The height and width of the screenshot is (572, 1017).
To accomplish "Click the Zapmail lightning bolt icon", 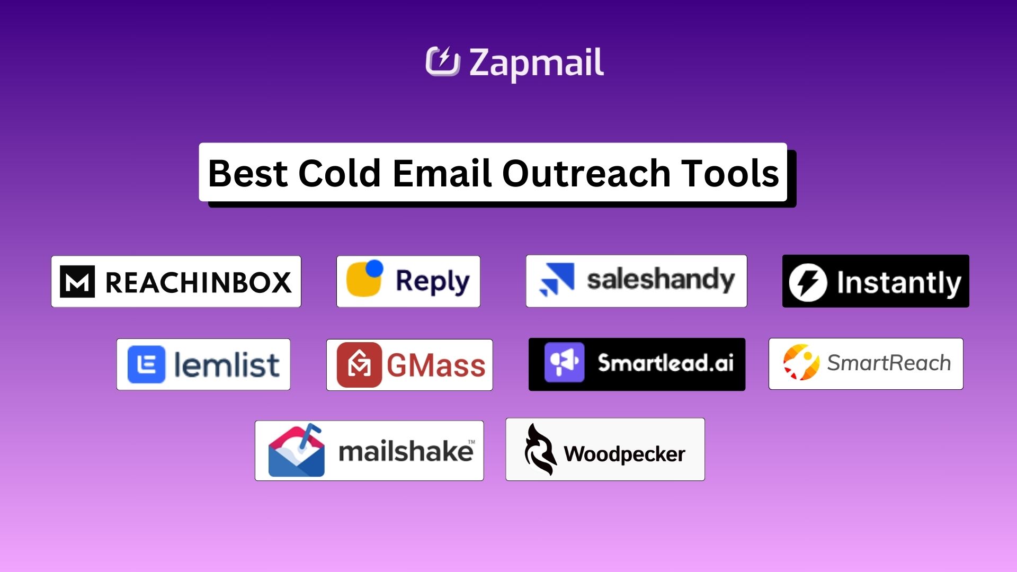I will coord(443,61).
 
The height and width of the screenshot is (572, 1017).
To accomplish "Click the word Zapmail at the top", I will coord(536,62).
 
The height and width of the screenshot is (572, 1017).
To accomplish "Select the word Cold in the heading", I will coord(339,173).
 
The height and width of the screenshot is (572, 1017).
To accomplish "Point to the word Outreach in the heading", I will coord(586,173).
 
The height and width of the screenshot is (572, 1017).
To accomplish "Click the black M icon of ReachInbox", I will coord(77,281).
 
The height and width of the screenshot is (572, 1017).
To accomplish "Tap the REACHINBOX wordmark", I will coord(199,282).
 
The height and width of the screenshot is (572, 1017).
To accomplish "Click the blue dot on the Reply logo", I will coord(374,269).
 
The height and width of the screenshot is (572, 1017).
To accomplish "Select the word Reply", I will coord(432,281).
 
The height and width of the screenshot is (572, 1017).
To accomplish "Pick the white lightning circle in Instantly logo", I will coord(807,282).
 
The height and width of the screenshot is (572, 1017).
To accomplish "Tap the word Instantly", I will coord(899,282).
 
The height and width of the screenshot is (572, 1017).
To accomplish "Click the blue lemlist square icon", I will coord(146,364).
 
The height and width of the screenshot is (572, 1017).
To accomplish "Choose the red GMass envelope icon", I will coord(359,364).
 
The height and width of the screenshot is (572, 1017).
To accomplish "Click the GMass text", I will coord(435,365).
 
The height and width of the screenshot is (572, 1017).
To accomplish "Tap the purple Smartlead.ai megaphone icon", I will coord(564,363).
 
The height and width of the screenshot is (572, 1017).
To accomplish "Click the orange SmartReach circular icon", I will coord(801,363).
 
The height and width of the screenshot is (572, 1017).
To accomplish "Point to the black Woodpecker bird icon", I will coord(539,450).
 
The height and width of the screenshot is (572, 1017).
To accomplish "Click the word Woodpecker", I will coord(624,454).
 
